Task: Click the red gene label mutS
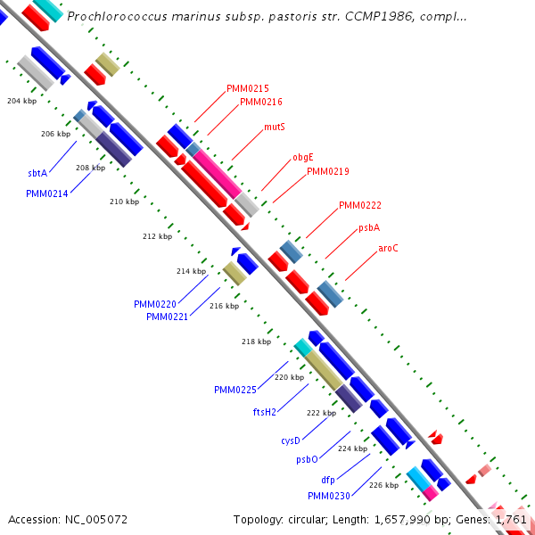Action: (275, 128)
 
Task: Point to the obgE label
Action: (303, 158)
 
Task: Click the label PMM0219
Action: (328, 171)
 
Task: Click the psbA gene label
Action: (369, 227)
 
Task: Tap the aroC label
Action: (388, 248)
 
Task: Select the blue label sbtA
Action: (37, 173)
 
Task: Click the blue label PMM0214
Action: (47, 193)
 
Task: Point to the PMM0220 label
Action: (155, 304)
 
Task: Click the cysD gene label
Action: (291, 440)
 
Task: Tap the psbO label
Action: (307, 460)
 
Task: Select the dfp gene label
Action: (328, 480)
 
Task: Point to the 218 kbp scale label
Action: (256, 342)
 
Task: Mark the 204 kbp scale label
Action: (21, 101)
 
